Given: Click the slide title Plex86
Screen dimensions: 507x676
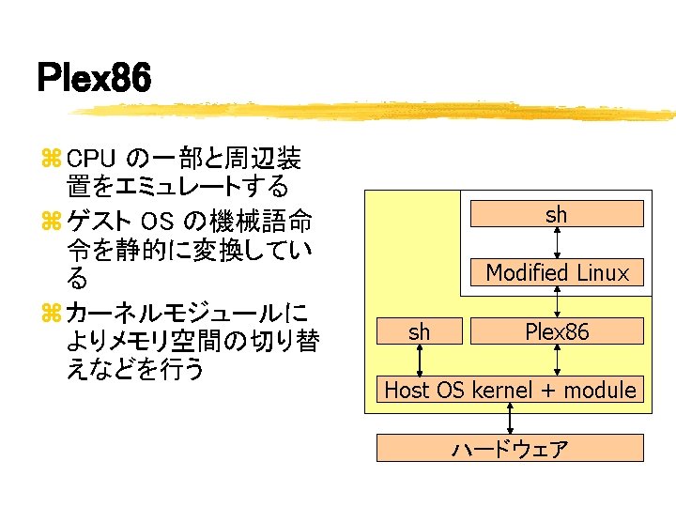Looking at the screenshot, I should [x=94, y=79].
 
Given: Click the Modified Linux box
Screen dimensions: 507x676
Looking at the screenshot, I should [x=557, y=273].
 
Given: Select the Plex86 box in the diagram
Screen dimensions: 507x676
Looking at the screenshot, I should [x=557, y=331].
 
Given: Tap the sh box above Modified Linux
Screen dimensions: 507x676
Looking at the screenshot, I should [x=557, y=214].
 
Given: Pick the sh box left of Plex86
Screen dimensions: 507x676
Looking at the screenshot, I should [x=420, y=331].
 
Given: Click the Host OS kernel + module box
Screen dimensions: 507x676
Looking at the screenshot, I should [x=511, y=390].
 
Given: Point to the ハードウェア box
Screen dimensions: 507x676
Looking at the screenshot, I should [x=511, y=449].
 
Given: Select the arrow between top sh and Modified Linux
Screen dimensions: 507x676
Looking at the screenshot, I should [x=558, y=243].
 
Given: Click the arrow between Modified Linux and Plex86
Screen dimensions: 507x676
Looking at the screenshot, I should [x=558, y=302].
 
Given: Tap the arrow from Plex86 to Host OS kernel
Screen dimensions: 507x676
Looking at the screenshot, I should [x=558, y=361].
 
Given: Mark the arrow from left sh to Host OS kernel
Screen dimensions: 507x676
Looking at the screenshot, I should [x=420, y=361].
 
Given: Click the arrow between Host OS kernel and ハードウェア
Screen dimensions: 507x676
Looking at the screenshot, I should [x=511, y=419].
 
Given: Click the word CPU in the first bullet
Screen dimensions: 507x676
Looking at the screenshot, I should [x=91, y=156].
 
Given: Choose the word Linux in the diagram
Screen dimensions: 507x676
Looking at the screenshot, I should [x=604, y=273].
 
